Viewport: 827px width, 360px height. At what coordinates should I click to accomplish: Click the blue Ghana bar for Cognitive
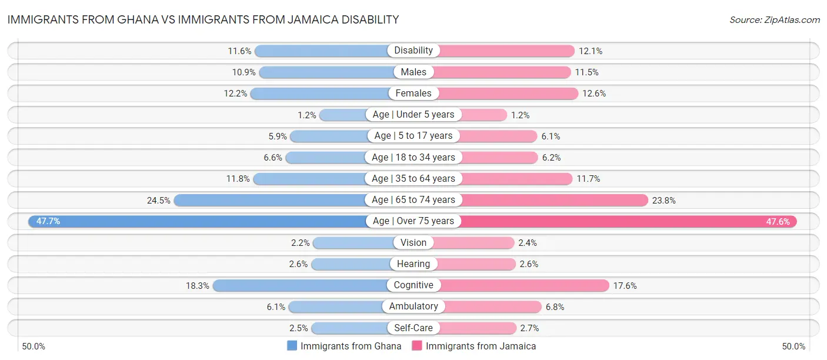[x=300, y=285]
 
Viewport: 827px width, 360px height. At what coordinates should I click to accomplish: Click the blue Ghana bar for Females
[x=321, y=93]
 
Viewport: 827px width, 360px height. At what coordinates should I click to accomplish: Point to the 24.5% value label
[x=159, y=200]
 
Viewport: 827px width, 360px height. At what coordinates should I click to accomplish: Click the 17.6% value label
[x=625, y=285]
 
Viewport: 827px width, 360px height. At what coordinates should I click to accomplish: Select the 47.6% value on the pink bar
[x=778, y=221]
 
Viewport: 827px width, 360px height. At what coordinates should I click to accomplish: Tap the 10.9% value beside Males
[x=244, y=72]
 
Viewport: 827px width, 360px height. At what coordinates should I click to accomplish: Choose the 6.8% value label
[x=556, y=306]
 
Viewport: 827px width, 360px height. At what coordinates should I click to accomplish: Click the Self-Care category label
[x=413, y=328]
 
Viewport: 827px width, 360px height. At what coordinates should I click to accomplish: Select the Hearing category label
[x=413, y=264]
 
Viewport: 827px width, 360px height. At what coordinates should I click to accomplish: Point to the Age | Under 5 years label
[x=413, y=114]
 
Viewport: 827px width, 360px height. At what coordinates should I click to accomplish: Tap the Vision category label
[x=413, y=242]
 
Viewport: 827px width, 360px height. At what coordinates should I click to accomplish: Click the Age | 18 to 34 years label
[x=413, y=157]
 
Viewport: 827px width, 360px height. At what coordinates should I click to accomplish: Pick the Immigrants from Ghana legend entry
[x=351, y=346]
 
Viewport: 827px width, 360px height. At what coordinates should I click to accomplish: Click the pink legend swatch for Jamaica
[x=417, y=346]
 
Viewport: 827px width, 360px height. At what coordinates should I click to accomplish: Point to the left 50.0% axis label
[x=34, y=346]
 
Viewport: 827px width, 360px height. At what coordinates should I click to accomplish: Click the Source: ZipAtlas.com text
[x=774, y=20]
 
